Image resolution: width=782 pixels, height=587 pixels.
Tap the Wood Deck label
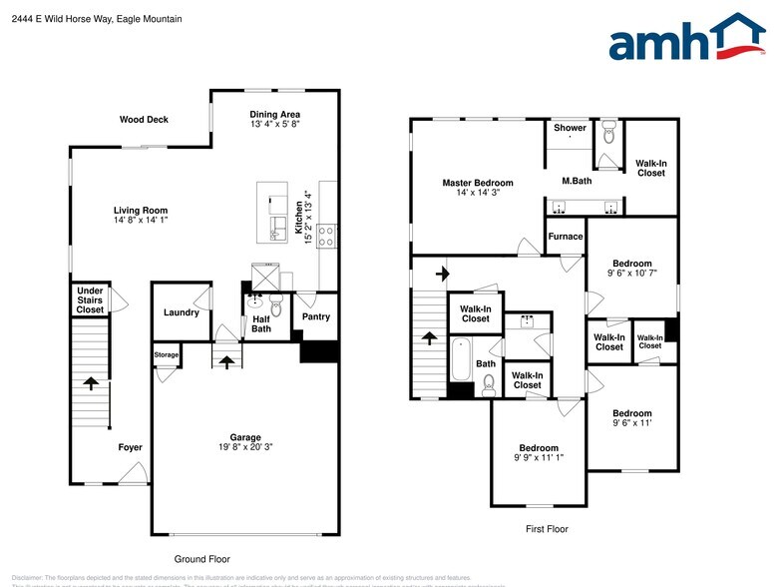pos(144,120)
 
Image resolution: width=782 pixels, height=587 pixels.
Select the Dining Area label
pos(274,114)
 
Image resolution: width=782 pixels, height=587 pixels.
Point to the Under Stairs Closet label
pos(90,300)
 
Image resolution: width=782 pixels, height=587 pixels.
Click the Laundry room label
pos(181,312)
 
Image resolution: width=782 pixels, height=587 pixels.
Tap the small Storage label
pos(166,354)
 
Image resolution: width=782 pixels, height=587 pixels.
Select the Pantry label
pos(315,317)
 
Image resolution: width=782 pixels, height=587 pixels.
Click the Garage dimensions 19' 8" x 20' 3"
pos(245,448)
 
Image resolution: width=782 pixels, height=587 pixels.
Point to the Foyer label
pos(130,447)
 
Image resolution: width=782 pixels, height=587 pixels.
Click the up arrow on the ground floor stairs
pos(91,382)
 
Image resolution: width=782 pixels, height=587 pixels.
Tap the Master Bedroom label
pos(478,183)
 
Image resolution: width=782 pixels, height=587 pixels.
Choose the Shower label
pos(570,128)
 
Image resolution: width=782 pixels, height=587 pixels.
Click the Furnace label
pos(565,237)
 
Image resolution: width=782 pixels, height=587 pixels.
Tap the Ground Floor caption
pos(201,559)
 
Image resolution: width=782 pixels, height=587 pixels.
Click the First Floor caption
pos(546,528)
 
